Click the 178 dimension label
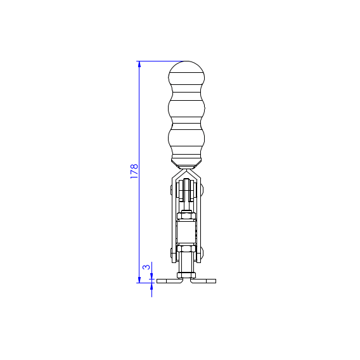point(134,171)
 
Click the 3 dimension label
point(146,267)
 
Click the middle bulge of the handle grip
point(186,108)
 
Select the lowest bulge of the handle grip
point(186,139)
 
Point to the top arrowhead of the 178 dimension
point(139,64)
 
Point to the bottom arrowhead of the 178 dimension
point(139,280)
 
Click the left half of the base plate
point(170,281)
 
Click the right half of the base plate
point(203,281)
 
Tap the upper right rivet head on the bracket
point(202,189)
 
